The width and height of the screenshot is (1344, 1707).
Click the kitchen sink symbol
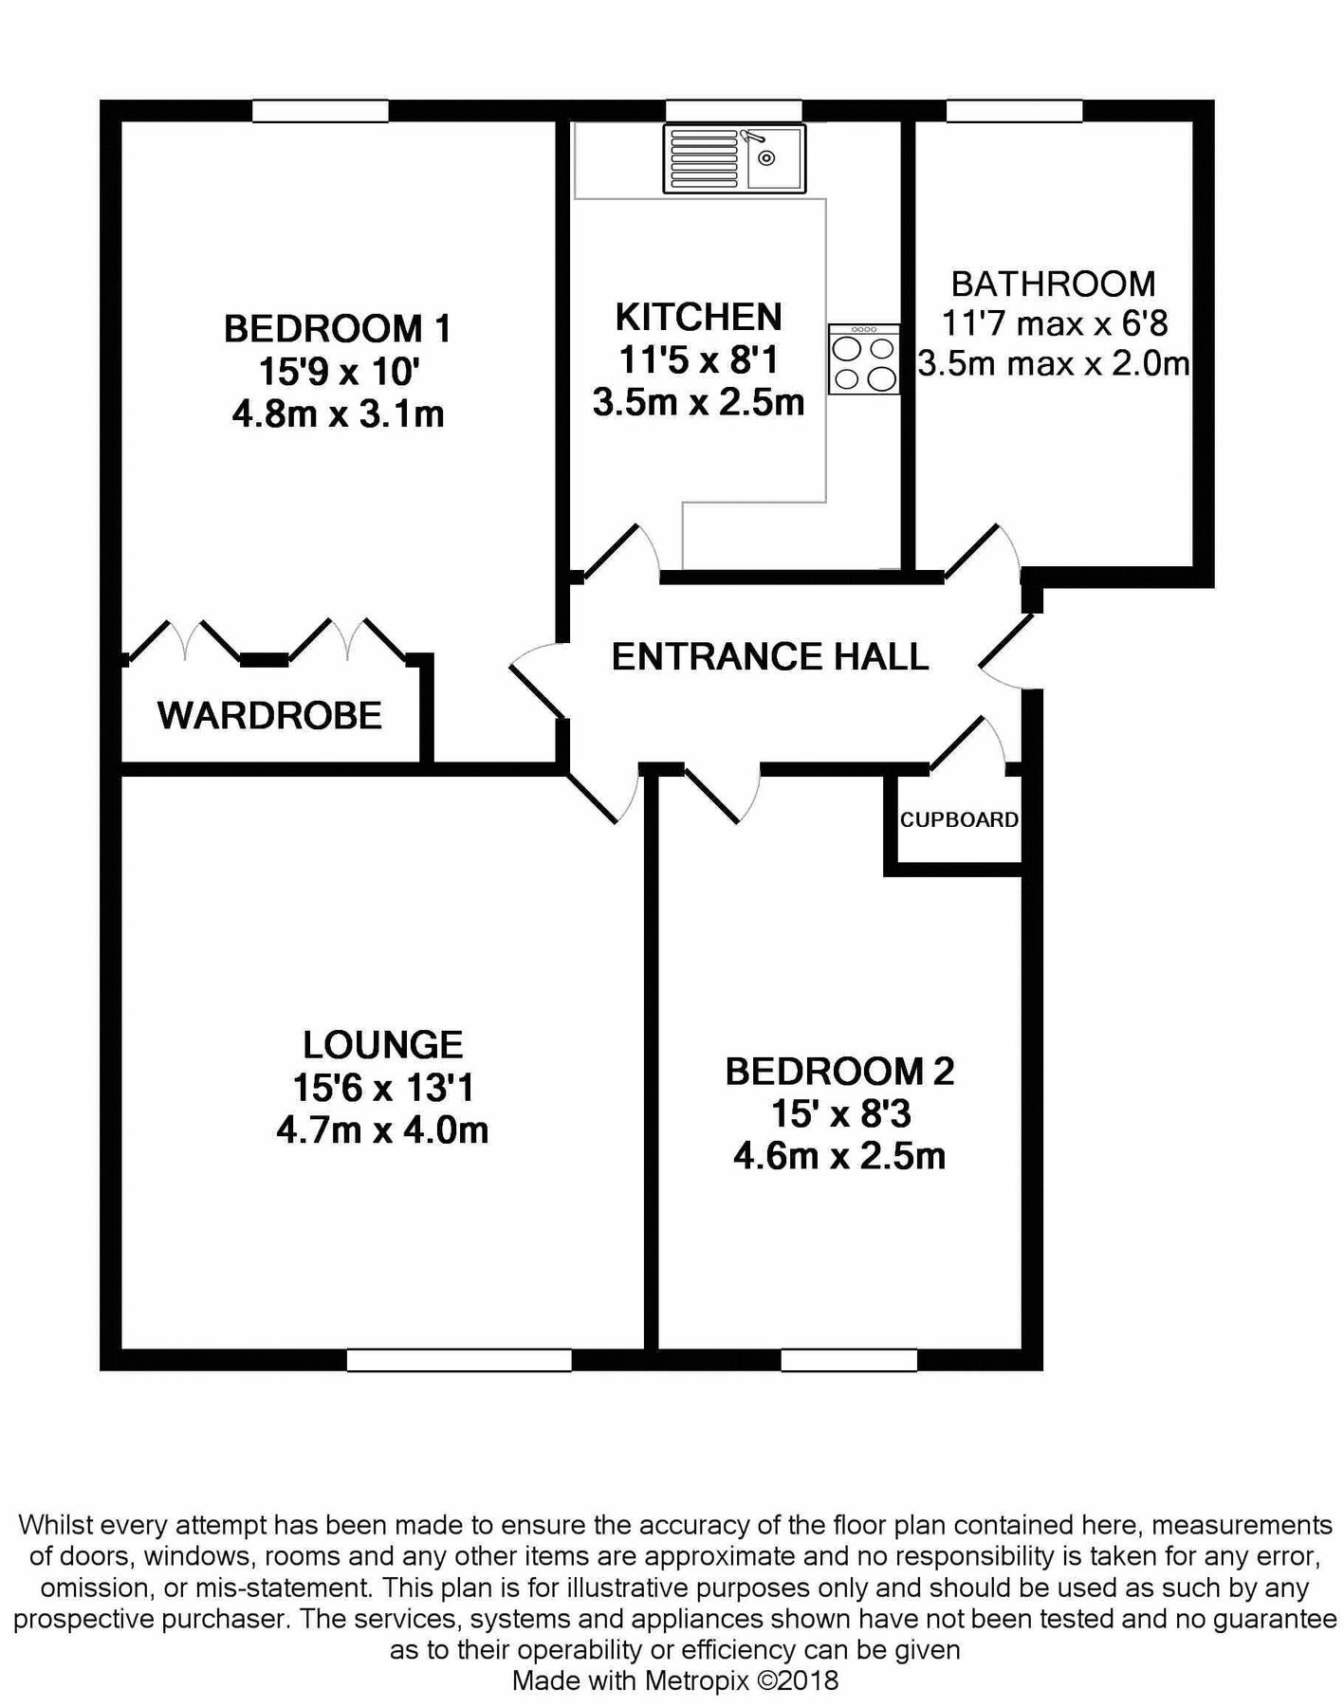tap(734, 158)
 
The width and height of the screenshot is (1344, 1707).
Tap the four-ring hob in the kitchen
tap(863, 358)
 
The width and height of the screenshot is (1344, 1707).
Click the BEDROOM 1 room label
tap(338, 329)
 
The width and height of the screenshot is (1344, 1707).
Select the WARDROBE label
tap(269, 715)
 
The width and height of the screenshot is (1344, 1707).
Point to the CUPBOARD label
tap(959, 819)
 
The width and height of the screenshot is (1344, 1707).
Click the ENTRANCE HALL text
tap(770, 656)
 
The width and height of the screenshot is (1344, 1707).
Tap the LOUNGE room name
tap(382, 1044)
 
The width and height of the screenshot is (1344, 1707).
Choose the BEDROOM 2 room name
tap(839, 1071)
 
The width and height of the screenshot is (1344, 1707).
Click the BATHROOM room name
tap(1053, 284)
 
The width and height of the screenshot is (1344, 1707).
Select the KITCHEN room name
tap(699, 316)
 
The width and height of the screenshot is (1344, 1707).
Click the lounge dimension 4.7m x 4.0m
tap(382, 1129)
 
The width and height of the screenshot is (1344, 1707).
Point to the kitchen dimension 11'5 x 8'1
tap(699, 359)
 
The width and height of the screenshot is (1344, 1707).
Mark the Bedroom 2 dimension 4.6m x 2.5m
tap(839, 1156)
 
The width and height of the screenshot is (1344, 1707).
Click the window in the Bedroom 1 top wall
tap(321, 111)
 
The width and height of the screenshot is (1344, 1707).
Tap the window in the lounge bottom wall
tap(459, 1359)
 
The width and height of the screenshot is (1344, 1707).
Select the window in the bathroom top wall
tap(1014, 111)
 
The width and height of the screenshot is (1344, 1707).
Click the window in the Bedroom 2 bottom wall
tap(849, 1359)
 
